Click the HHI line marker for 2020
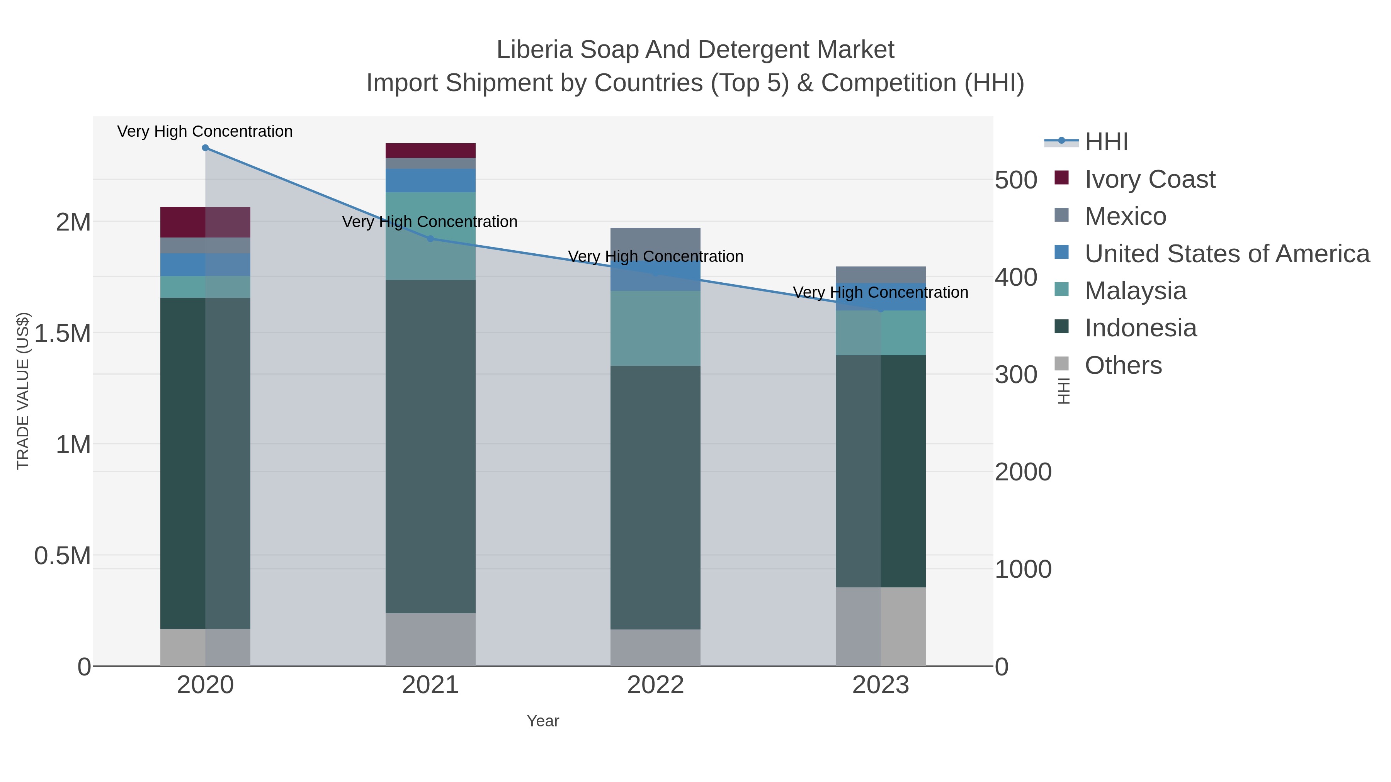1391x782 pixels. pyautogui.click(x=205, y=148)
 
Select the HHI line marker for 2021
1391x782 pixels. pyautogui.click(x=430, y=239)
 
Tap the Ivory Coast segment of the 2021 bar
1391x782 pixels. pyautogui.click(x=430, y=151)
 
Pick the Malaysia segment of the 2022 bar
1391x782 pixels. pyautogui.click(x=655, y=328)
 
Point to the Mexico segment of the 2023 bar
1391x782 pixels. pyautogui.click(x=881, y=275)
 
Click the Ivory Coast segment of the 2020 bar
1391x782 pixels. pyautogui.click(x=205, y=222)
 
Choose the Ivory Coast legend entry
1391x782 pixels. pyautogui.click(x=1149, y=179)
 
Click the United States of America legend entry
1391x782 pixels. pyautogui.click(x=1226, y=254)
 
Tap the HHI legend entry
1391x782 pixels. pyautogui.click(x=1106, y=142)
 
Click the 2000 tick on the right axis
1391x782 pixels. pyautogui.click(x=1023, y=472)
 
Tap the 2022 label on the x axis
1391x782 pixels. pyautogui.click(x=655, y=685)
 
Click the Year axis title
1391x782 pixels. pyautogui.click(x=543, y=721)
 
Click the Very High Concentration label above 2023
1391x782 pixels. pyautogui.click(x=880, y=292)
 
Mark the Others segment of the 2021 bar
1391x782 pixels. pyautogui.click(x=430, y=639)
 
